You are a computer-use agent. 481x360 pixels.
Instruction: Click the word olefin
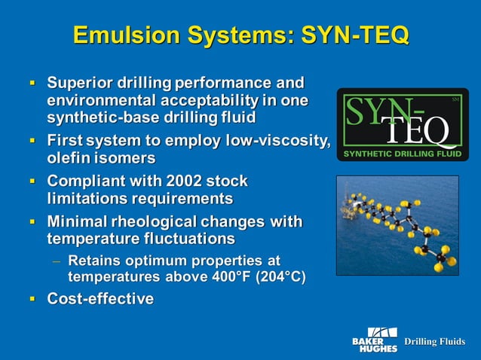point(69,158)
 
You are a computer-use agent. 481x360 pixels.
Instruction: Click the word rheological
point(159,221)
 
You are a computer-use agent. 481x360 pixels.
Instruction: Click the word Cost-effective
point(100,299)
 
